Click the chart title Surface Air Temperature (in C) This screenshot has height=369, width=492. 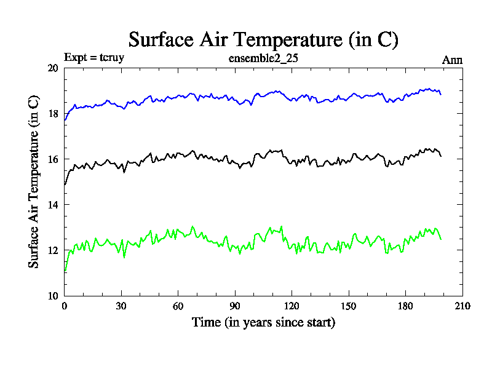[x=264, y=40]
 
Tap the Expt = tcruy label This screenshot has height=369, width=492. [x=95, y=59]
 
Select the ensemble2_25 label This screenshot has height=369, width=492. [x=263, y=59]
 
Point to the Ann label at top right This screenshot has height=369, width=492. [x=452, y=60]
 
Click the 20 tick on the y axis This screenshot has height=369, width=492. [x=53, y=68]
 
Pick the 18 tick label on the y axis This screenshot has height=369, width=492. [x=53, y=114]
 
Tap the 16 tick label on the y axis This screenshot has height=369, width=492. [x=53, y=159]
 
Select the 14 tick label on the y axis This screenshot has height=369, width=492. [x=53, y=205]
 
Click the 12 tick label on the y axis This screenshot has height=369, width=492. [x=53, y=250]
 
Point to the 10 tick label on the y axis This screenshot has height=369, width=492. [x=53, y=296]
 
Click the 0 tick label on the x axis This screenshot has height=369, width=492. [x=65, y=306]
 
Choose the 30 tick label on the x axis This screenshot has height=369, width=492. [x=121, y=306]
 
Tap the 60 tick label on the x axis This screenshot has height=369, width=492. [x=178, y=306]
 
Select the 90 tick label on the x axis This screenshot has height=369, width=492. [x=235, y=306]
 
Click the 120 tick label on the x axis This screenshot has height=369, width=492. [x=292, y=306]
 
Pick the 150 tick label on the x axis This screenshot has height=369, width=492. [x=349, y=306]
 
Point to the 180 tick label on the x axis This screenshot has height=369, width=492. [x=405, y=306]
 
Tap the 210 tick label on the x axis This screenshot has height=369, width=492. [x=462, y=306]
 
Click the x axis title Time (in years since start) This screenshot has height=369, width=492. [x=263, y=322]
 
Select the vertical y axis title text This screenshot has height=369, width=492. [x=34, y=181]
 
